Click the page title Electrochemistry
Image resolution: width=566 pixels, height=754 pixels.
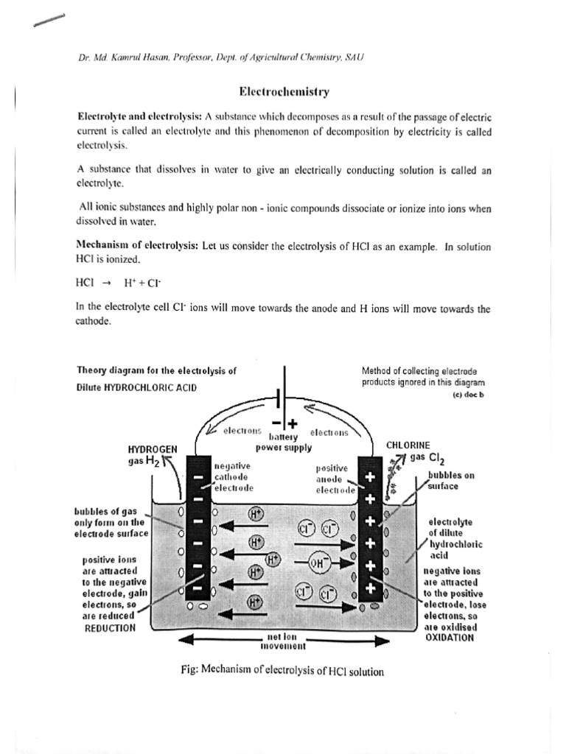point(283,93)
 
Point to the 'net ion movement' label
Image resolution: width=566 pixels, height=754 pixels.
point(283,642)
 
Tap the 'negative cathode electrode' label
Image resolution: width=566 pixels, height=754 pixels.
point(234,476)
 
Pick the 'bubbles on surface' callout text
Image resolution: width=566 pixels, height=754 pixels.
point(450,481)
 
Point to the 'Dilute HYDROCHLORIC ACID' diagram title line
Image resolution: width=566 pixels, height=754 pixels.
point(136,388)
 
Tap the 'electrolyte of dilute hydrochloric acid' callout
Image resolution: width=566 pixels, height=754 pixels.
point(455,539)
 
